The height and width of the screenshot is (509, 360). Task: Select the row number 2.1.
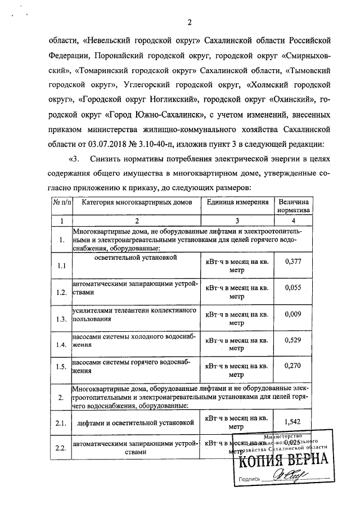[61, 421]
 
